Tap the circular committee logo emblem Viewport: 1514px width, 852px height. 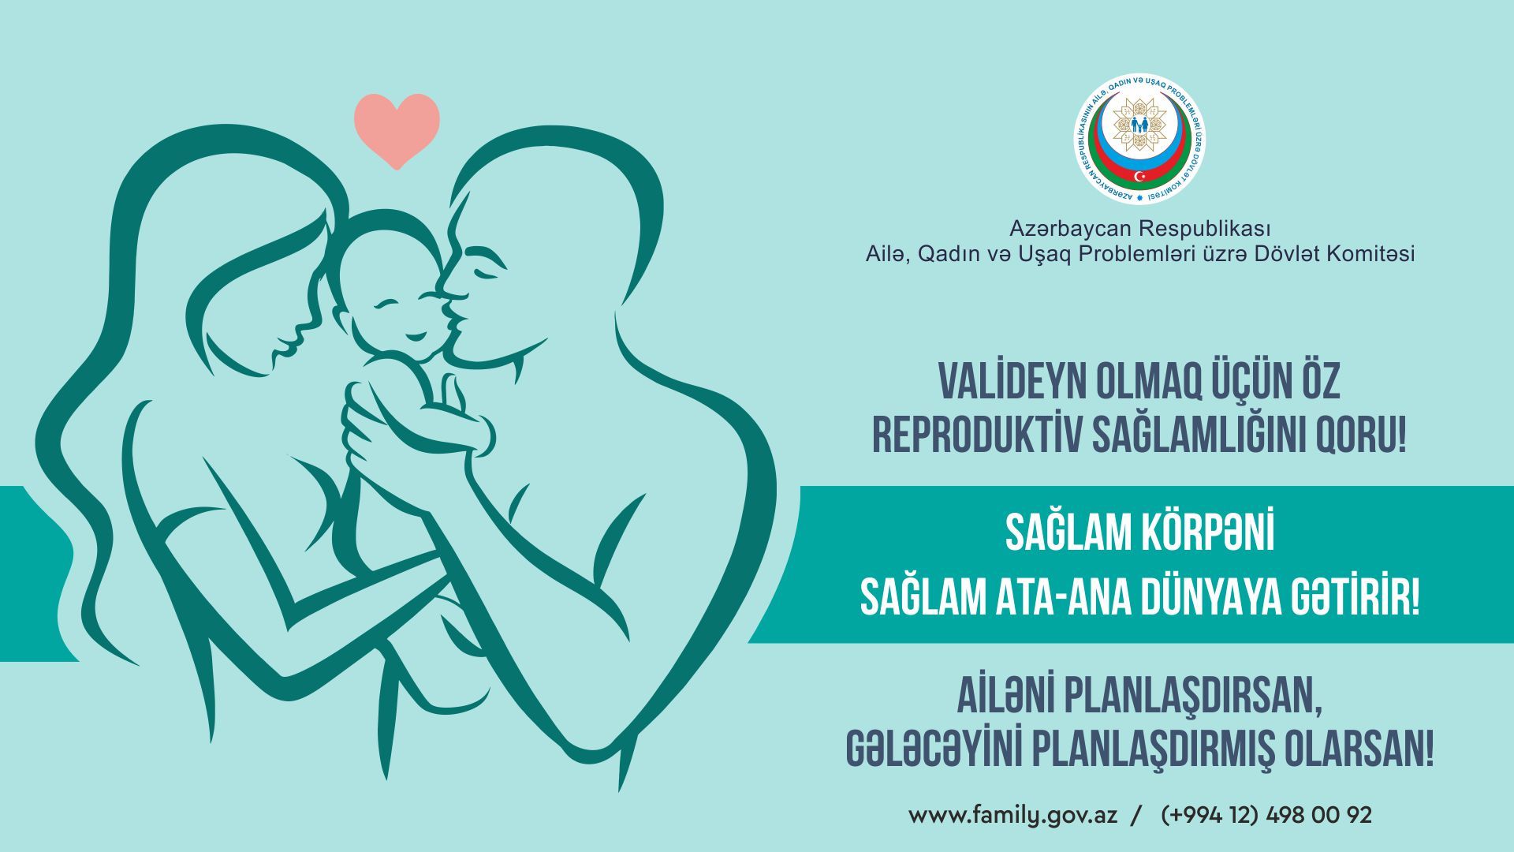[1139, 140]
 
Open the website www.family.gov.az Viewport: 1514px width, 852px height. [1013, 816]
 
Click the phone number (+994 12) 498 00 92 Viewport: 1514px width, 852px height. [1266, 815]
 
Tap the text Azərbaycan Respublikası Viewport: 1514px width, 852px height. [1140, 229]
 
